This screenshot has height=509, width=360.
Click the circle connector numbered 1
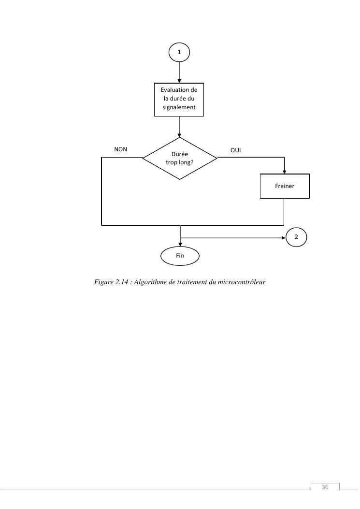[179, 52]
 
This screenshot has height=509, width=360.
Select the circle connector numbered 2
[296, 237]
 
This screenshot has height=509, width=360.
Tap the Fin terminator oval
[180, 256]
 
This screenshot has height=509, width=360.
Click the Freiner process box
[284, 186]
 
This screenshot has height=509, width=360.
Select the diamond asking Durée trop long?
[180, 158]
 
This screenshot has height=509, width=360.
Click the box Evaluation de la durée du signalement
[179, 99]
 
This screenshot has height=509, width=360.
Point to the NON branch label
[120, 149]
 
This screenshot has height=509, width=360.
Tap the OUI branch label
[235, 150]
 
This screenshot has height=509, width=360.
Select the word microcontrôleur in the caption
[242, 281]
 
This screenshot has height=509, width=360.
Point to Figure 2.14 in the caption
[110, 281]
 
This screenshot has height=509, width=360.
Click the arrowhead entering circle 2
[284, 237]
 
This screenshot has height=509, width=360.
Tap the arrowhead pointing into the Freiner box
[284, 172]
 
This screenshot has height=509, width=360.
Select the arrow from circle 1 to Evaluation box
[179, 73]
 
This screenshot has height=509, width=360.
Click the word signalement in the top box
[179, 107]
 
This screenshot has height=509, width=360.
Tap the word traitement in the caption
[192, 281]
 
